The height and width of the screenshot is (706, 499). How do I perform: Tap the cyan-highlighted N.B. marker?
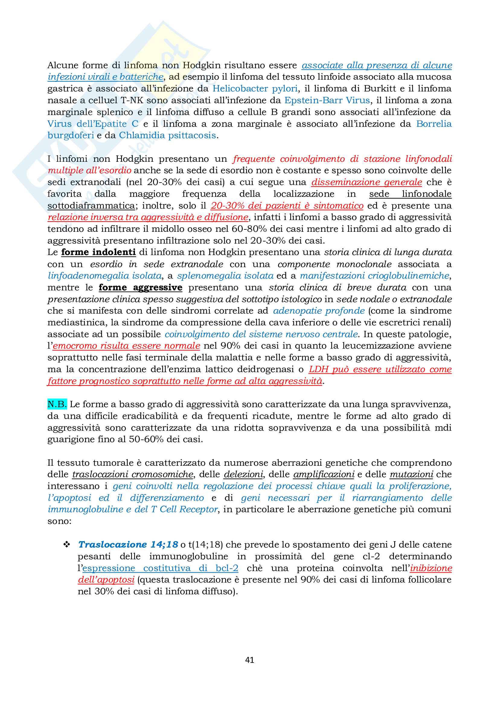point(57,404)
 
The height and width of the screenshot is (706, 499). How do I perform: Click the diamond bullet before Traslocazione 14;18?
point(67,545)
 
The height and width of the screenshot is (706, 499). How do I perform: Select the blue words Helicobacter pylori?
point(255,88)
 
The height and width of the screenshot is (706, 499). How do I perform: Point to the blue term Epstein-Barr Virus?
point(327,100)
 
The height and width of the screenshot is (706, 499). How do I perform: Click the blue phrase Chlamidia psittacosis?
point(168,135)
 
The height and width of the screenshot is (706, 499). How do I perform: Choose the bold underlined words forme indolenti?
point(98,252)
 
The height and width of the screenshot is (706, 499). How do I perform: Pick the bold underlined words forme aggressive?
point(140,288)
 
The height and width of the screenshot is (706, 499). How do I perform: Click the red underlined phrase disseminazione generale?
point(366,182)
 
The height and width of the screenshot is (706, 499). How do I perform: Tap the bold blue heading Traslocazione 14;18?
point(128,545)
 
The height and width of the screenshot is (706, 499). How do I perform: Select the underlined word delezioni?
point(243,474)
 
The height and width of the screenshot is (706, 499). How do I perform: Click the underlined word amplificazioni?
point(324,474)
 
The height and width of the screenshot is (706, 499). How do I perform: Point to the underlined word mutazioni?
point(411,474)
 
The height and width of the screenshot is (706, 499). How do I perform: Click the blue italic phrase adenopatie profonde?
point(319,311)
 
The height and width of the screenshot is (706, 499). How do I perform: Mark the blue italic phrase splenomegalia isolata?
point(226,276)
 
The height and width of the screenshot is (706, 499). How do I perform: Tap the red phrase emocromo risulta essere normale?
point(126,346)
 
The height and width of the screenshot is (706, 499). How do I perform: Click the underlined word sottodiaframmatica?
point(91,206)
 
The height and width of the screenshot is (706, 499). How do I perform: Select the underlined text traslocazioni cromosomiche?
point(133,474)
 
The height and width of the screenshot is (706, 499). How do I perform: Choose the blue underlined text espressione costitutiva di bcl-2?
point(160,568)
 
